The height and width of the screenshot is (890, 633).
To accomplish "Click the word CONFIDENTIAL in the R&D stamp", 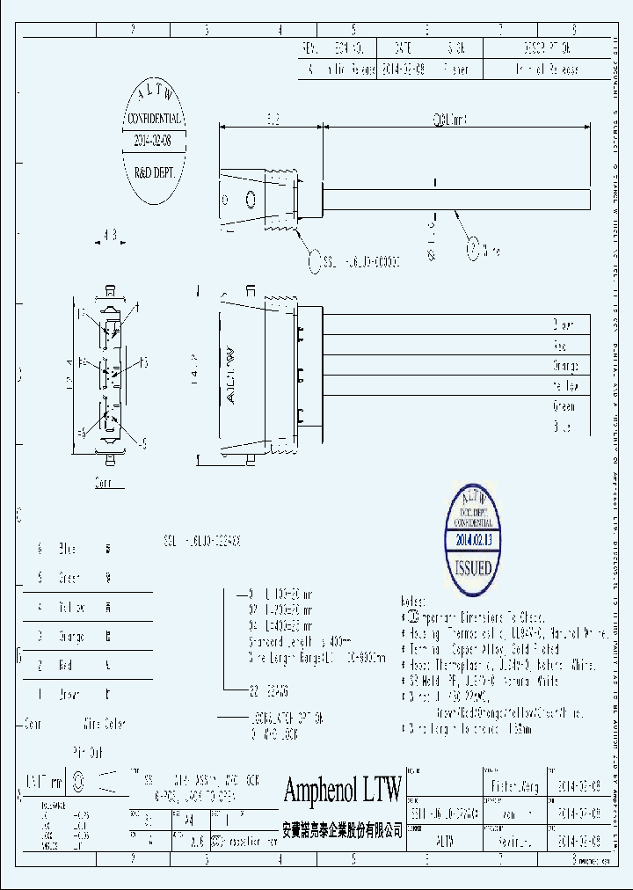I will click(155, 119).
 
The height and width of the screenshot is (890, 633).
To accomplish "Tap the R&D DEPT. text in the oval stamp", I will click(155, 174).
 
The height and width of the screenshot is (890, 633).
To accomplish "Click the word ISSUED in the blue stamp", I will click(473, 567).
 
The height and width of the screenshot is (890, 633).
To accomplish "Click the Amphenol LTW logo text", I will click(342, 791).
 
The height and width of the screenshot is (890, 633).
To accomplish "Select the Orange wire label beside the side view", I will click(564, 366).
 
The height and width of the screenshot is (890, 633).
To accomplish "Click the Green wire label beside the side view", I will click(564, 407).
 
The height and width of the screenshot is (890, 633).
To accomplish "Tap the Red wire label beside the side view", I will click(560, 346).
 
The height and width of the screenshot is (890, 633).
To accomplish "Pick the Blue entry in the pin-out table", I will click(67, 550).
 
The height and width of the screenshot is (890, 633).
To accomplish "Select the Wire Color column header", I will click(104, 725).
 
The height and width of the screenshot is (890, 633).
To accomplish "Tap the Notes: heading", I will click(413, 602).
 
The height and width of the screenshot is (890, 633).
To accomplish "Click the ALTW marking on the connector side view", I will click(234, 374).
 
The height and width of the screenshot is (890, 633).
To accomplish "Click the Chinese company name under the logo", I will click(342, 829).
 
